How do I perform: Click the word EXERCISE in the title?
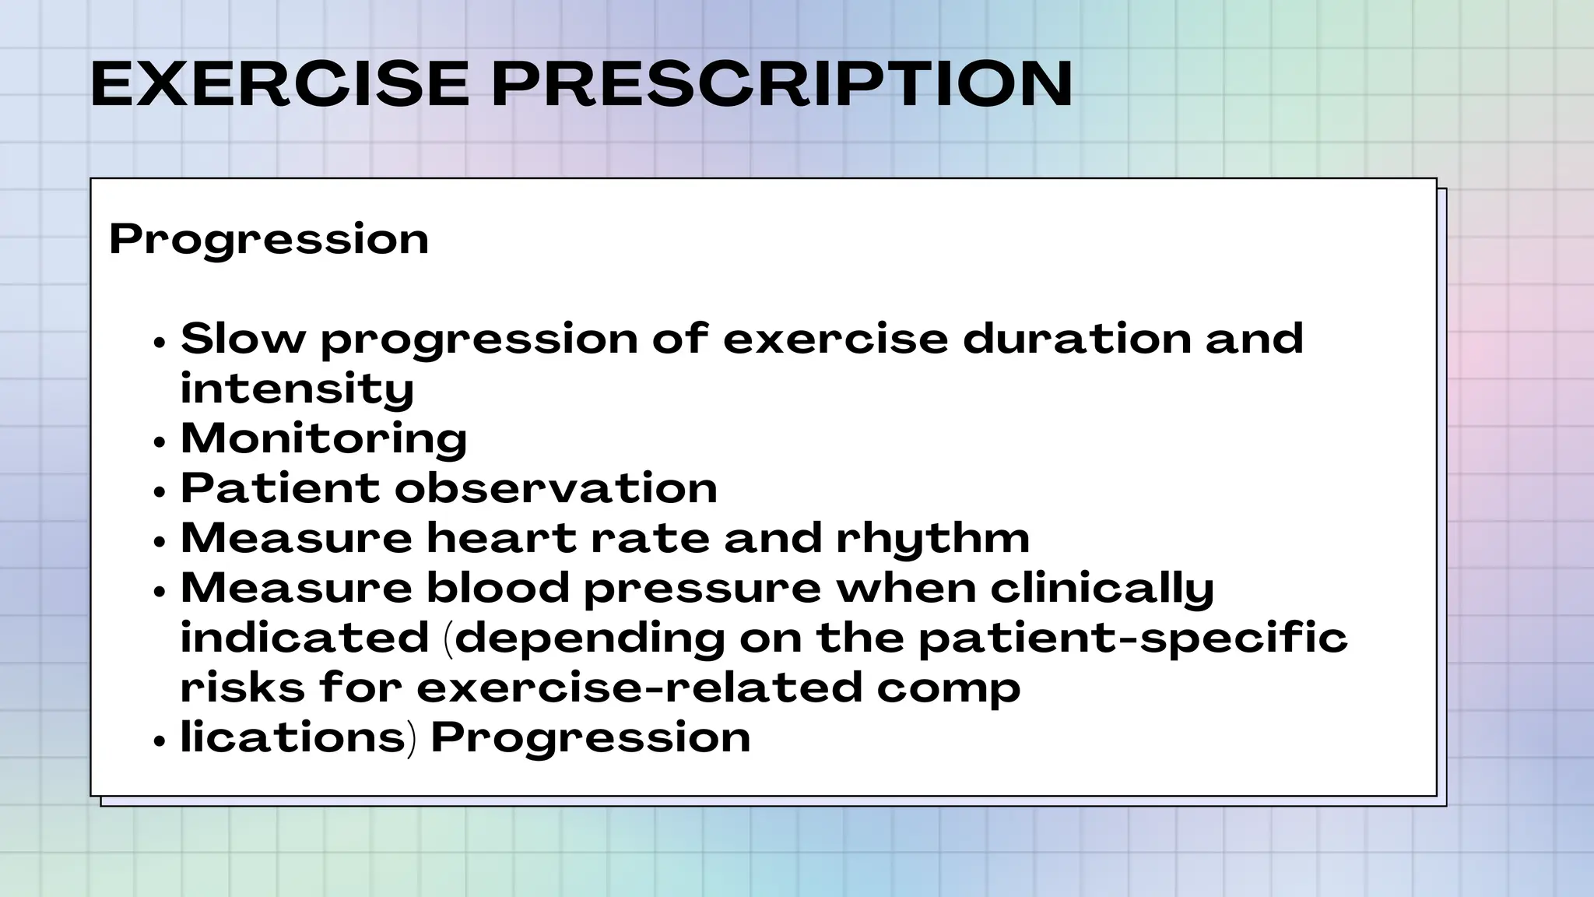[279, 83]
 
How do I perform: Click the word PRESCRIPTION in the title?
[781, 83]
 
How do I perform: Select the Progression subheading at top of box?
[269, 239]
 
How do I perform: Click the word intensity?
[297, 389]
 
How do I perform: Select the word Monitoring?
[324, 438]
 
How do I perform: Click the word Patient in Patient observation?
[280, 488]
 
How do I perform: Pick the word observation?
[556, 488]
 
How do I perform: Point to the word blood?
[498, 588]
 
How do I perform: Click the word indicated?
[304, 638]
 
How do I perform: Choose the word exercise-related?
[639, 688]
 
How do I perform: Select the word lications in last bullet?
[293, 737]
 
